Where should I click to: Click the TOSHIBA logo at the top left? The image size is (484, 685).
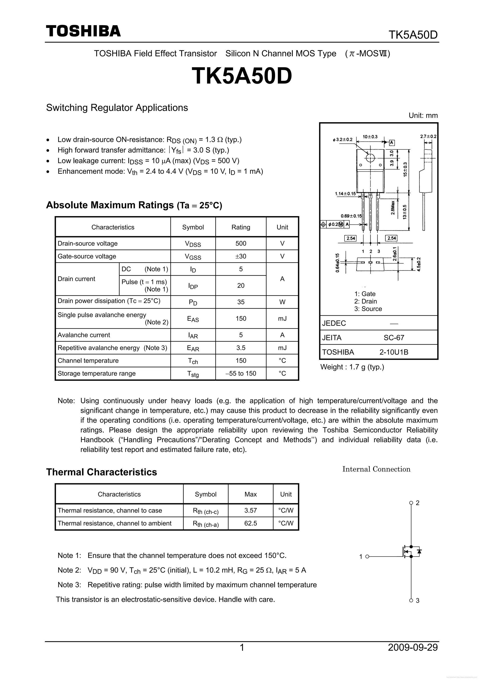coord(83,31)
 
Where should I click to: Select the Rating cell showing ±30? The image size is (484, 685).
coord(241,256)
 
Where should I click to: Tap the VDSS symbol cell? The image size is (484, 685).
coord(193,244)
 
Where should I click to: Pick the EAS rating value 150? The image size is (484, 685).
coord(241,319)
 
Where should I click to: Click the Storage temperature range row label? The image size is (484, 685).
coord(96,374)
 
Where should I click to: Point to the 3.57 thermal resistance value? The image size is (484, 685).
coord(251,510)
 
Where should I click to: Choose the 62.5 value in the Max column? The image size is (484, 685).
coord(251,523)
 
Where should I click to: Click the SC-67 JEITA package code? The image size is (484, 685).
coord(394,338)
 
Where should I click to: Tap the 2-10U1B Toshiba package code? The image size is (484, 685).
coord(394,352)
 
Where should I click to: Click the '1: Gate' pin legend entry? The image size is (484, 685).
coord(365,294)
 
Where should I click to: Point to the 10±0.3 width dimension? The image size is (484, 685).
coord(370,137)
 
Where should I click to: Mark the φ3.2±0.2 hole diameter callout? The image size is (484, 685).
coord(342,140)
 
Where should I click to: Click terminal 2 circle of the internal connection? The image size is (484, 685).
coord(411,503)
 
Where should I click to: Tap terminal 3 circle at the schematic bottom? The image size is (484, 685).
coord(411,601)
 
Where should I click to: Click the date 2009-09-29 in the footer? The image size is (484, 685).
coord(413,647)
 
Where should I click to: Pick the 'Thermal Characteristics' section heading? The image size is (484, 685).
coord(101,472)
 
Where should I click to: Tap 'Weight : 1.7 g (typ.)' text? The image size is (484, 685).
coord(352,367)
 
